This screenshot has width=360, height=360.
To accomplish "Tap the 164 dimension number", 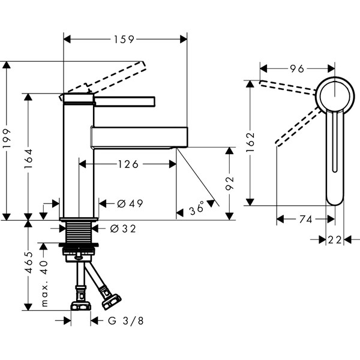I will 29,157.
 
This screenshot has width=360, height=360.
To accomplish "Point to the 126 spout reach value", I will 127,164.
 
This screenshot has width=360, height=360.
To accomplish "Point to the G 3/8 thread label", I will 125,321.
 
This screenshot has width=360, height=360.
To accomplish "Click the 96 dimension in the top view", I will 296,68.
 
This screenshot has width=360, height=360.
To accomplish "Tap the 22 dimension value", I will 335,239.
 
